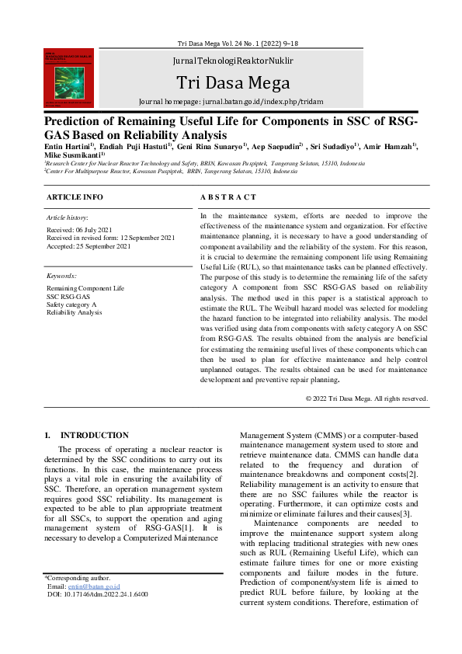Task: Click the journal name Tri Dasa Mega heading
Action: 232,83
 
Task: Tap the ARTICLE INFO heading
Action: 75,197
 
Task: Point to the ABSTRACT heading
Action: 228,197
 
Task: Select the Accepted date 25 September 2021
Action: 88,245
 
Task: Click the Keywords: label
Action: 62,276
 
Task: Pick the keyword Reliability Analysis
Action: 74,312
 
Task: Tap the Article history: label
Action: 68,218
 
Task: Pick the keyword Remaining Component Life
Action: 85,288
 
